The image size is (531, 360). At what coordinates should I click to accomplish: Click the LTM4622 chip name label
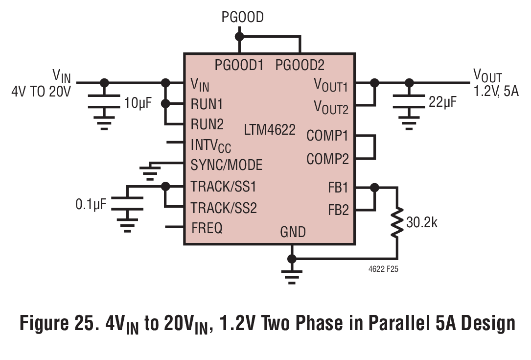pos(270,129)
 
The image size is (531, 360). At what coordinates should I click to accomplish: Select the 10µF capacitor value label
pos(138,103)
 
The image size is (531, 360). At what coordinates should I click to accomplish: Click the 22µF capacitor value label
pos(442,102)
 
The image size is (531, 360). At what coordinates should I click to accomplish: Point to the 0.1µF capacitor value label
pos(91,204)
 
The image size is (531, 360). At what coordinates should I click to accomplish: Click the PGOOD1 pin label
pos(239,65)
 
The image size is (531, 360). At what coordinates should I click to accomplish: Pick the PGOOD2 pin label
pos(300,65)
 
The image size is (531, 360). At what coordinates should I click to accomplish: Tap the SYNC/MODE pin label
pos(227,165)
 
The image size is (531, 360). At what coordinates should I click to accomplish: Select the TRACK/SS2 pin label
pos(224,208)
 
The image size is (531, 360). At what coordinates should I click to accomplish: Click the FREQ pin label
pos(207,228)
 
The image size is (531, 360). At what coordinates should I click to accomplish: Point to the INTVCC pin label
pos(210,146)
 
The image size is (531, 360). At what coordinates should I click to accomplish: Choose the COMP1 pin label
pos(327,136)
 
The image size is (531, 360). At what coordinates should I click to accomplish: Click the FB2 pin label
pos(338,210)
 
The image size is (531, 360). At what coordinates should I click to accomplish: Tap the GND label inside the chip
pos(293,232)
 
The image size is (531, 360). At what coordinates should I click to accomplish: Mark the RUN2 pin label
pos(207,124)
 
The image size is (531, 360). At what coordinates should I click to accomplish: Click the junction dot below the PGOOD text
pos(239,36)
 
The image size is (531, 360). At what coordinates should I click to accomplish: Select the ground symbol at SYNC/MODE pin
pos(150,172)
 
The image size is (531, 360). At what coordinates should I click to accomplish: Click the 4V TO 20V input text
pos(41,92)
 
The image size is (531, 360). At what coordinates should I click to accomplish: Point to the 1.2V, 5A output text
pos(496,92)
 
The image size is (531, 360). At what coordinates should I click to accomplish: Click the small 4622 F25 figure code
pos(383,269)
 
